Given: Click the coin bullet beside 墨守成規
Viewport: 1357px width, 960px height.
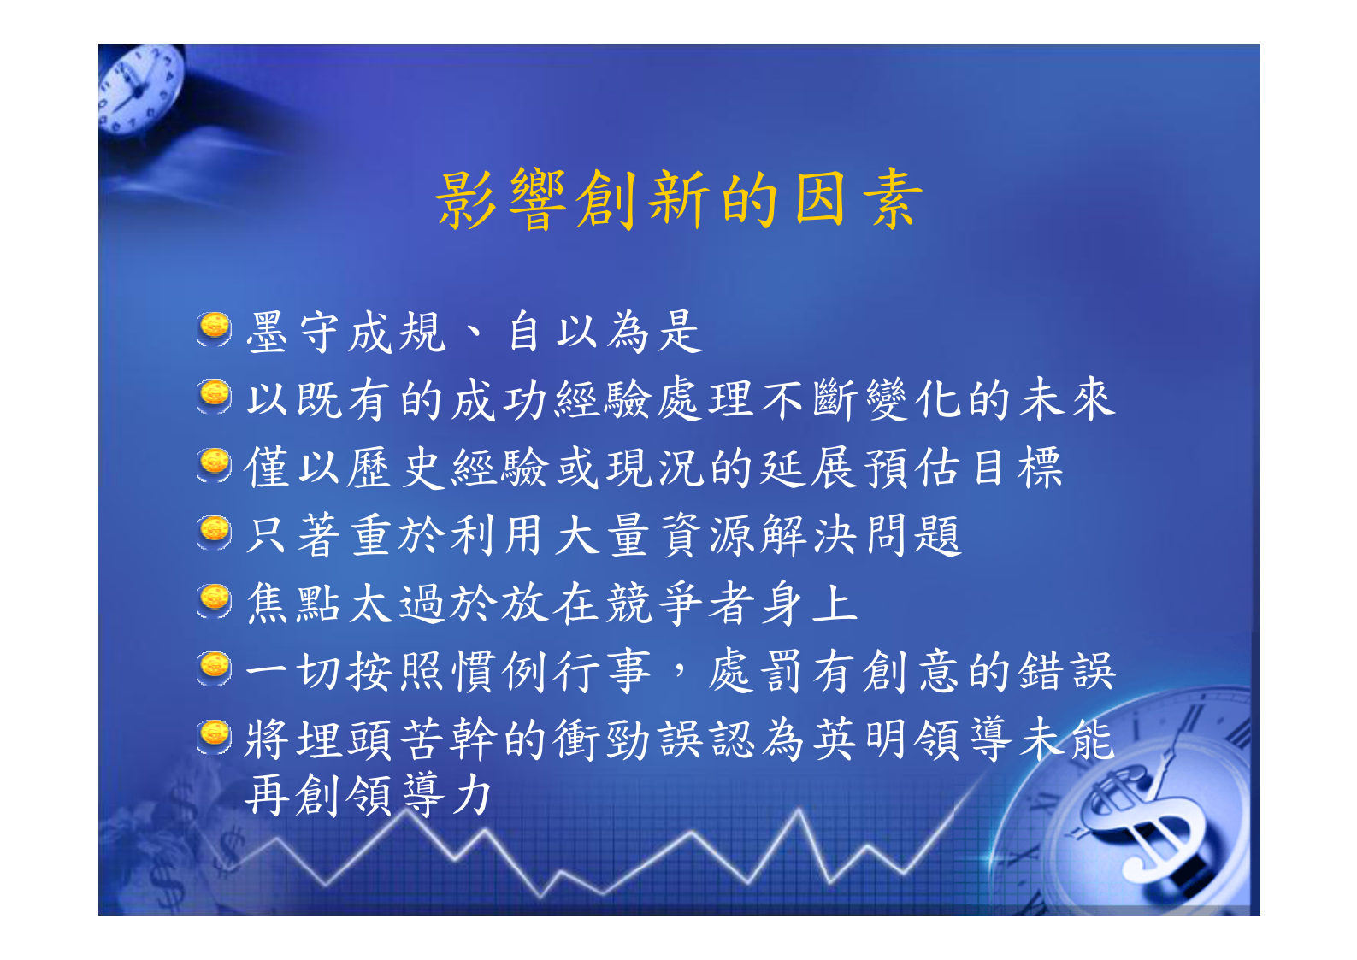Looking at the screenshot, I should click(214, 328).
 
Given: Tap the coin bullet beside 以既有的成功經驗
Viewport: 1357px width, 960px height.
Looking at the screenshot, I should click(214, 396).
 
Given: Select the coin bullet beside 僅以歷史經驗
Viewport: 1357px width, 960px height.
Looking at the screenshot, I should click(214, 464).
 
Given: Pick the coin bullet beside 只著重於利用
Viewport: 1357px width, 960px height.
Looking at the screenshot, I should click(214, 532).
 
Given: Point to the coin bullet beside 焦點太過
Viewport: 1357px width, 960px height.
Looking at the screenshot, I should click(214, 600).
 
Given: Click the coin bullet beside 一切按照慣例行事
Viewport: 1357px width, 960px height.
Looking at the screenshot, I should click(214, 668).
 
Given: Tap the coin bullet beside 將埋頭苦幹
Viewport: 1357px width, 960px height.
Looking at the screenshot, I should click(214, 735).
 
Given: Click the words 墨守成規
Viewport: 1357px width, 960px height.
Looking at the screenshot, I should click(345, 332).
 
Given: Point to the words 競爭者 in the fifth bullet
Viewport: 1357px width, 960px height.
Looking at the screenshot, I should click(679, 604).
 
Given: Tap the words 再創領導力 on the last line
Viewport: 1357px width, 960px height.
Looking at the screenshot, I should click(369, 795).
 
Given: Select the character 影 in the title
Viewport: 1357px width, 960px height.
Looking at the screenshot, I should click(466, 198).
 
